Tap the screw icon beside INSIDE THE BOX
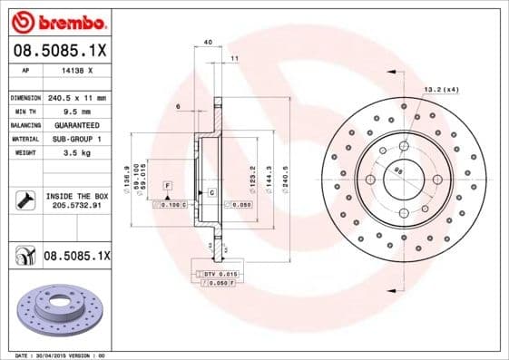(x=24, y=200)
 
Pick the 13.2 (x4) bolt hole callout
(x=442, y=89)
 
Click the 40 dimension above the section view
(x=208, y=43)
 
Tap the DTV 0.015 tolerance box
(x=217, y=274)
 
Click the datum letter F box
(x=167, y=185)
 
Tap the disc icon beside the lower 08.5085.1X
(x=23, y=258)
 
